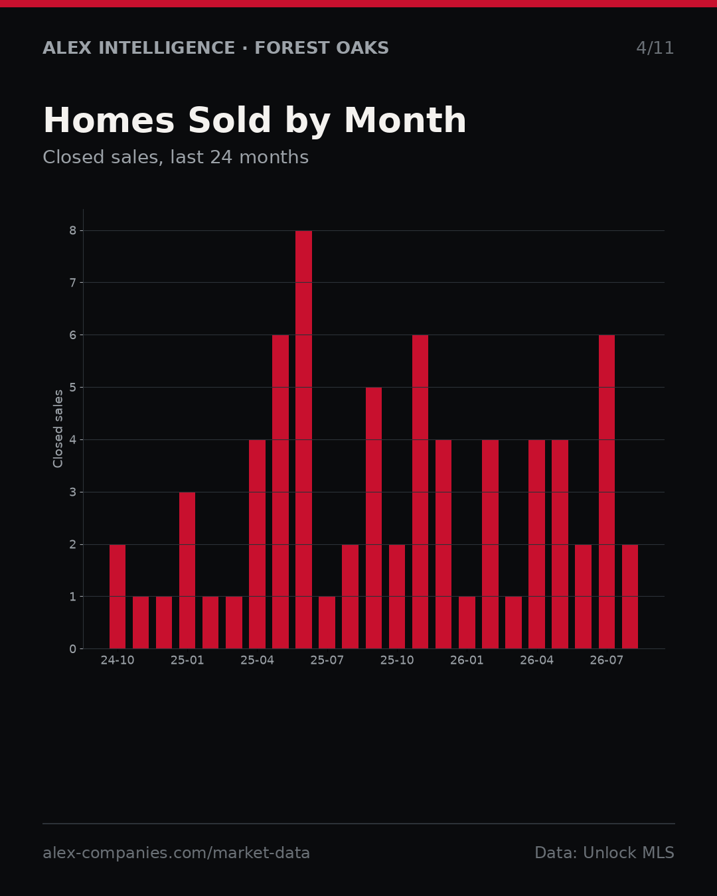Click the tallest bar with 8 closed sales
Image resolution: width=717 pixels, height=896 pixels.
303,439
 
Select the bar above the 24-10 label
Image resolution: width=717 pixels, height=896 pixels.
118,596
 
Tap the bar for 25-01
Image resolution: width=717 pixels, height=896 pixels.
187,570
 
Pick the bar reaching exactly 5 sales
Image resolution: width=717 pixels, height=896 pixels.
373,518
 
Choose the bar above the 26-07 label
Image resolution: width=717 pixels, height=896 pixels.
606,492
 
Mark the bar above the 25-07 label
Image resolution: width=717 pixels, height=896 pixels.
327,623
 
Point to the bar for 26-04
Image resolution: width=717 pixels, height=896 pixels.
536,544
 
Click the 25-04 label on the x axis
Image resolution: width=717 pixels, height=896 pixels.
257,660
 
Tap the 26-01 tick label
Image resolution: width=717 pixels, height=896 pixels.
467,660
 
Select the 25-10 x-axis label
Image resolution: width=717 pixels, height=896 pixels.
396,660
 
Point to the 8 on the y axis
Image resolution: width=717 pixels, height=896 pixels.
73,230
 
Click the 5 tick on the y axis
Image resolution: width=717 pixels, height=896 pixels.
73,387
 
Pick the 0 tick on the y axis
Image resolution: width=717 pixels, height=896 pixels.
73,648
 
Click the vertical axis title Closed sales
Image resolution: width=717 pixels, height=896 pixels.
58,429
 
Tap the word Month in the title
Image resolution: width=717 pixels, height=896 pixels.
405,120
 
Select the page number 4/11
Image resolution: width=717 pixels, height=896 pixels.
655,48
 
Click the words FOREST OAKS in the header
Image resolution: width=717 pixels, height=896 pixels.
321,48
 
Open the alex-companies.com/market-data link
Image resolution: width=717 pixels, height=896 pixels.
176,852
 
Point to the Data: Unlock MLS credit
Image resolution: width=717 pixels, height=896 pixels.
605,852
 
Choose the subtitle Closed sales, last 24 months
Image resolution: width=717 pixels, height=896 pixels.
176,157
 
